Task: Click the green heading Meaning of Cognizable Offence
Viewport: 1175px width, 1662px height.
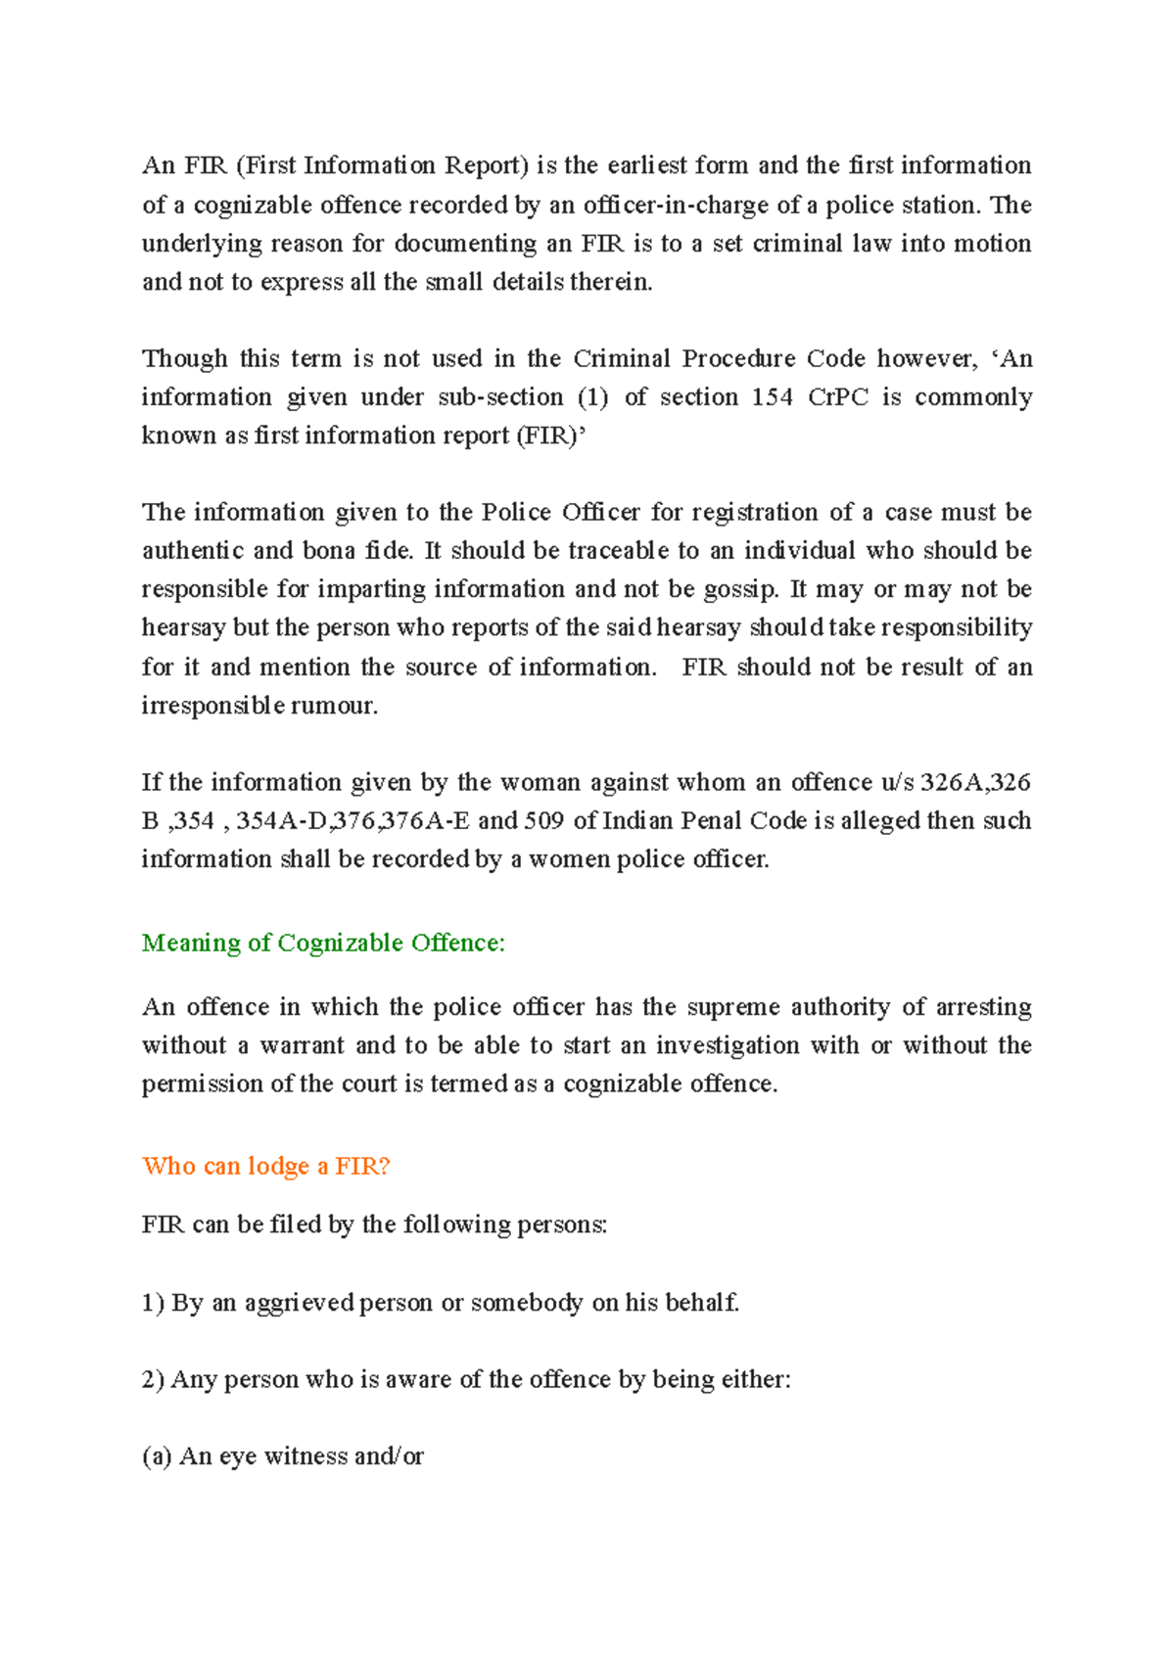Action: (x=323, y=943)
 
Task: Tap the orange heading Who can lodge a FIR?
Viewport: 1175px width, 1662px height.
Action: (x=265, y=1166)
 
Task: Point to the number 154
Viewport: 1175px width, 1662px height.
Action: (x=773, y=396)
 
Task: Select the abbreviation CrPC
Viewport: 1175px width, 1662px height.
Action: (x=838, y=396)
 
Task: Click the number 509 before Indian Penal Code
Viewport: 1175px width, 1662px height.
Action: (x=544, y=820)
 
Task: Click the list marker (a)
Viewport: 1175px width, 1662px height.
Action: (x=157, y=1456)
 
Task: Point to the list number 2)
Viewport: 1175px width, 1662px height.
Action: (x=153, y=1379)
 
